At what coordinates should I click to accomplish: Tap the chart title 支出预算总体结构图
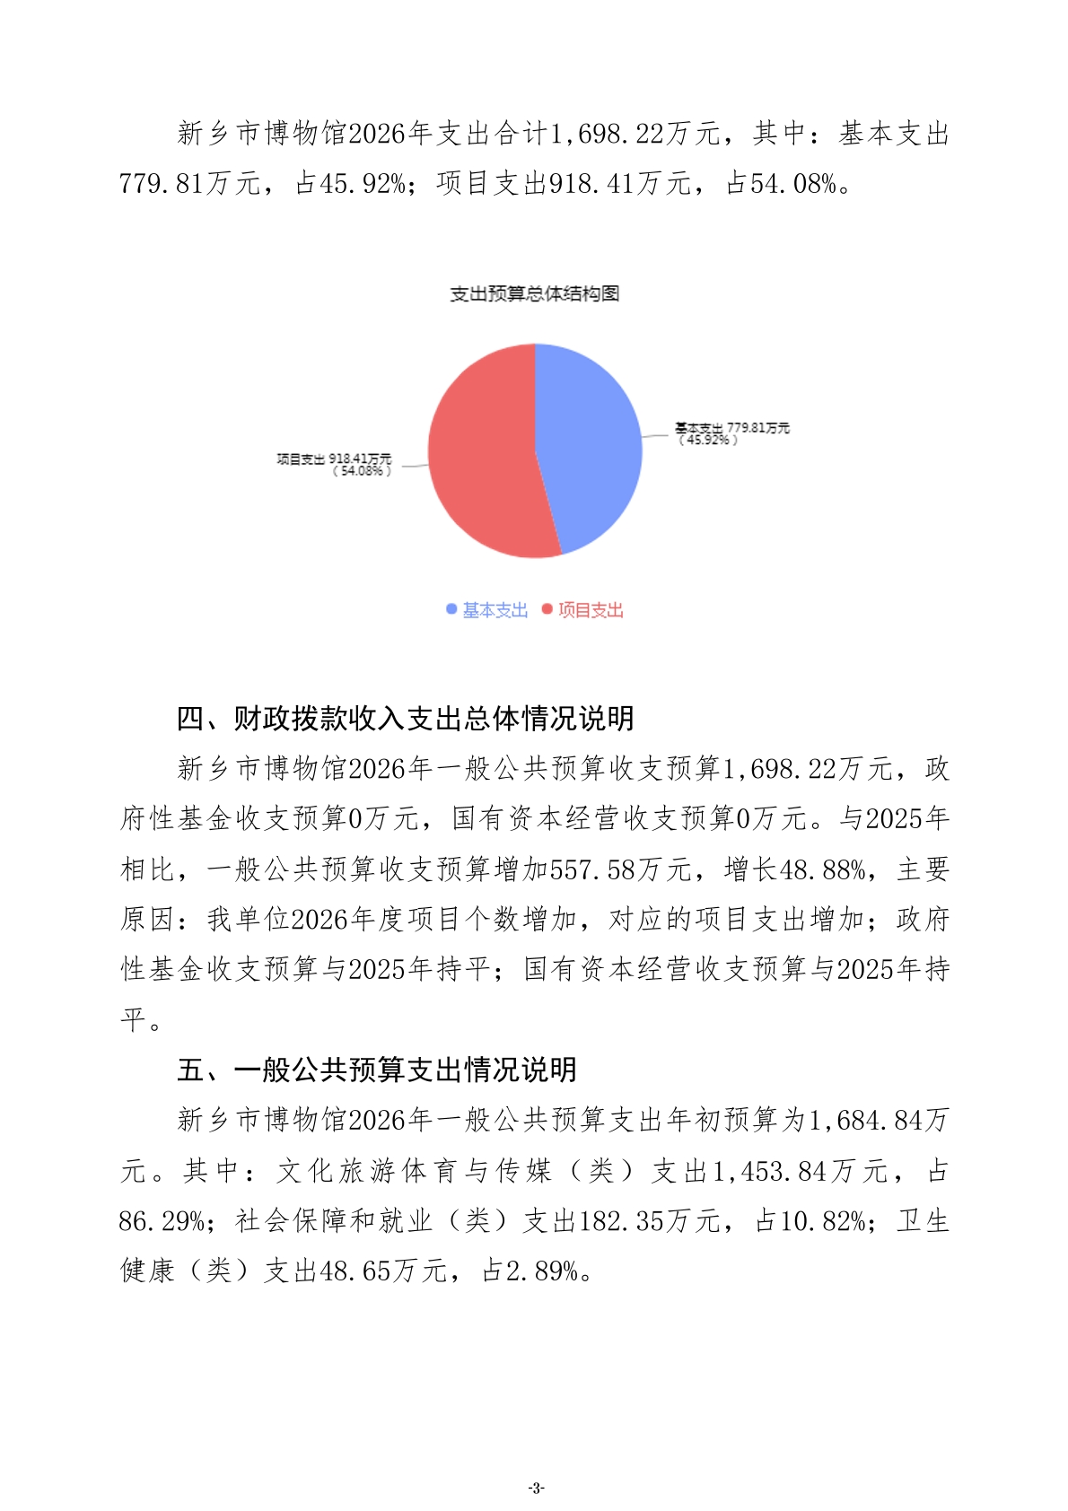[x=534, y=293]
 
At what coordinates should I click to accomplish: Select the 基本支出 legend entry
[x=487, y=610]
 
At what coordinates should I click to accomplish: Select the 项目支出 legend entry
[x=582, y=610]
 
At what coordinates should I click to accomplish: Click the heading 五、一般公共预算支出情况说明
[x=377, y=1070]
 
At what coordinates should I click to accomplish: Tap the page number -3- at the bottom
[x=536, y=1488]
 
